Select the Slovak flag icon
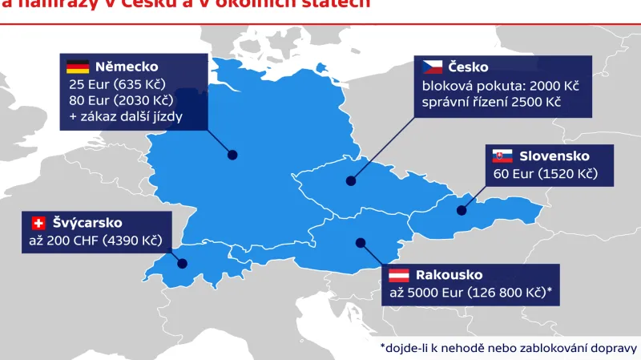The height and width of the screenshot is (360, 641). click(502, 156)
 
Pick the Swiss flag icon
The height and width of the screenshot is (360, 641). click(38, 223)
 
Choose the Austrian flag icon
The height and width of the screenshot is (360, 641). click(400, 275)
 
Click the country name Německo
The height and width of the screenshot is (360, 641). click(127, 67)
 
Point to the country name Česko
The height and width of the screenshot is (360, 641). click(469, 67)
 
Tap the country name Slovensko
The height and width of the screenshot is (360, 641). click(554, 156)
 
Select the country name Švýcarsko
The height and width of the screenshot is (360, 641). click(88, 223)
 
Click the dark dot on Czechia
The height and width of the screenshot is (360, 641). click(350, 181)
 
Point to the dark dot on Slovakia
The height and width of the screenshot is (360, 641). click(462, 211)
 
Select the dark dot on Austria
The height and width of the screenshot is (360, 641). click(361, 241)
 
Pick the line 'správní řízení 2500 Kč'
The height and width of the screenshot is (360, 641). click(491, 103)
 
